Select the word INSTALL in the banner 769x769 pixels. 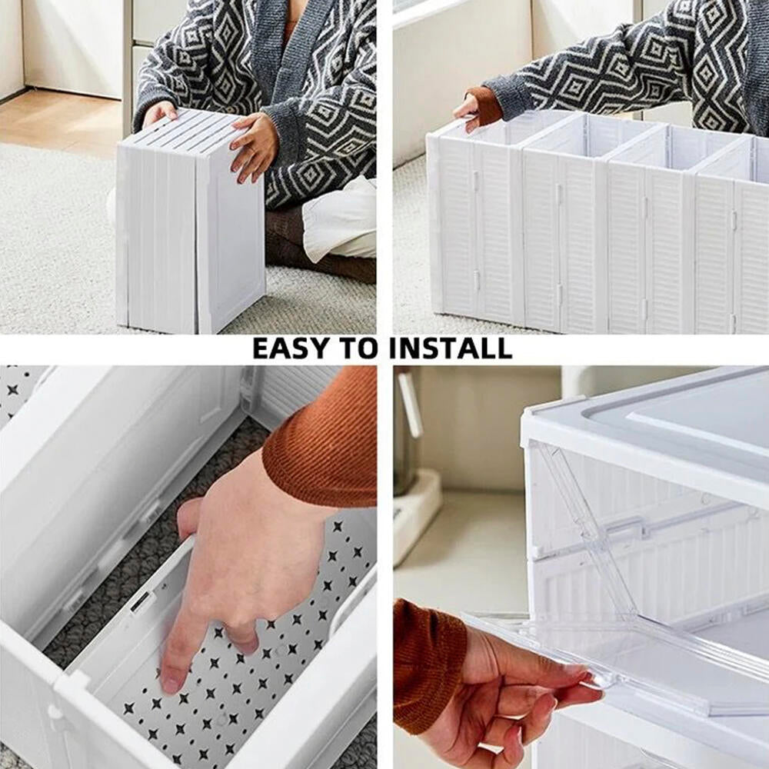click(450, 348)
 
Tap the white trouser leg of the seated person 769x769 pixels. click(338, 223)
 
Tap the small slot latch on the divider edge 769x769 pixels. click(141, 601)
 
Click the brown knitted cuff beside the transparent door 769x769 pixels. click(427, 661)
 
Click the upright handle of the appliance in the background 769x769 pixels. click(409, 404)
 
